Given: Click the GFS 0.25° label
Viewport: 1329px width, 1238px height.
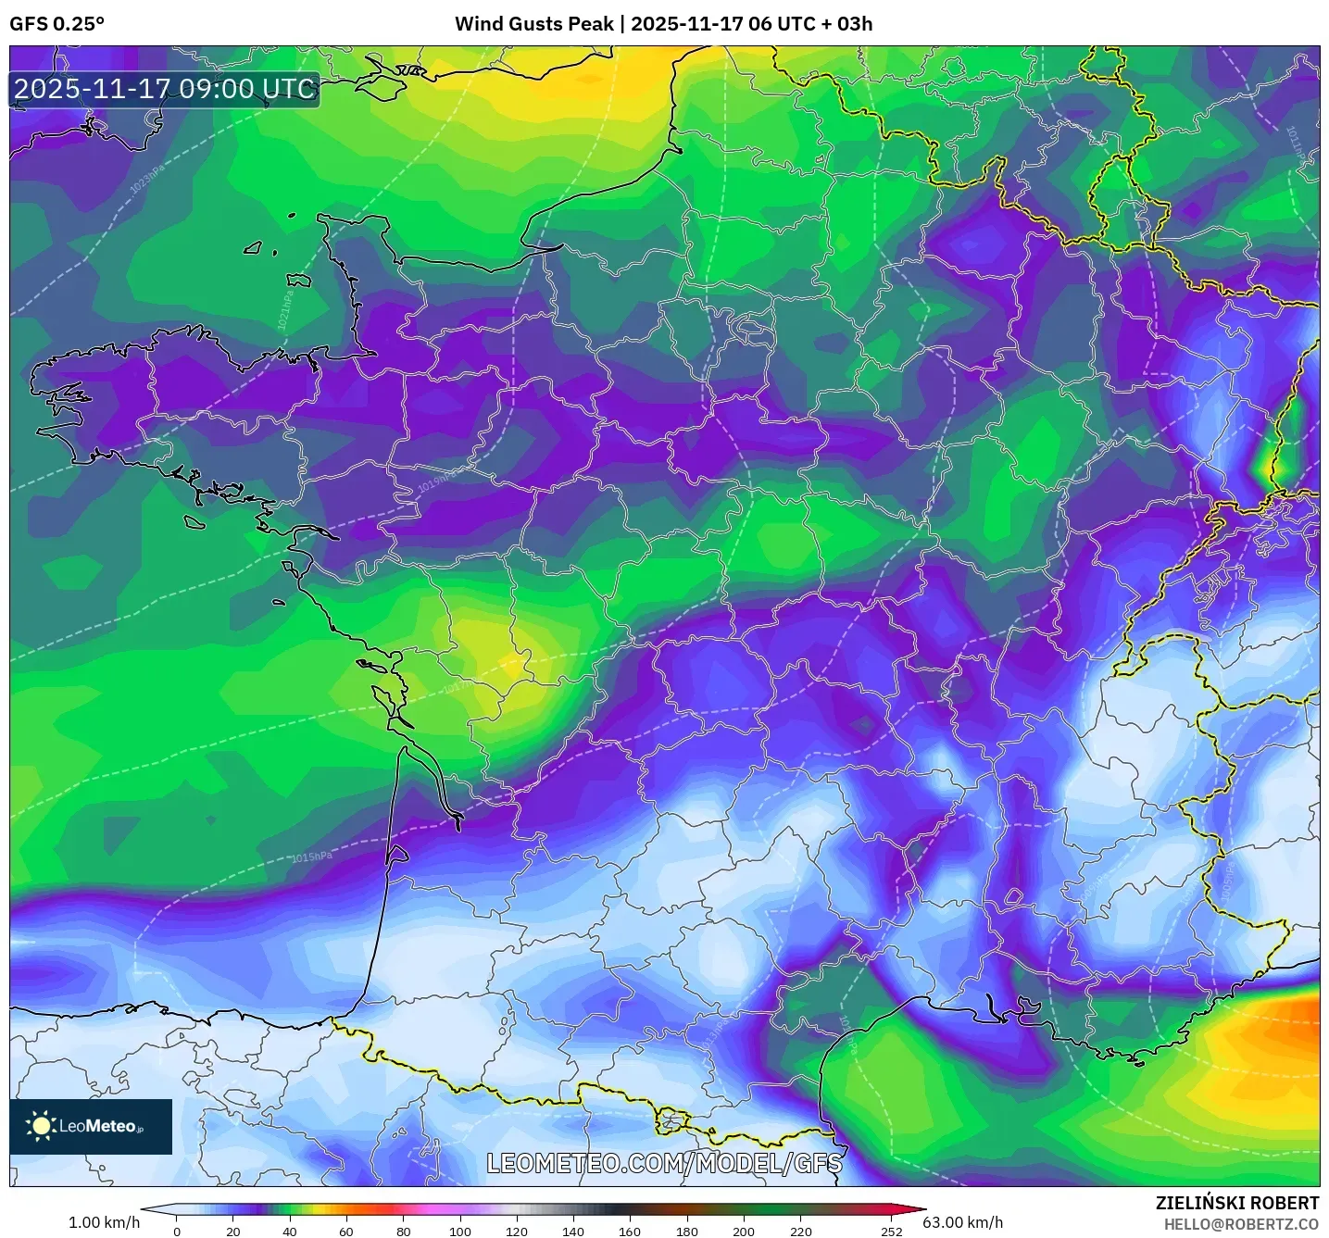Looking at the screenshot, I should pos(56,24).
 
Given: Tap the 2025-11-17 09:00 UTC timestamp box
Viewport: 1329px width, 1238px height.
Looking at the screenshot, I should pos(165,90).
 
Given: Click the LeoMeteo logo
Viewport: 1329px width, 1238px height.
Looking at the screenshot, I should pos(91,1126).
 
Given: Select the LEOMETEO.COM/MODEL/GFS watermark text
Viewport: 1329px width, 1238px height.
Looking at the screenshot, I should pos(664,1163).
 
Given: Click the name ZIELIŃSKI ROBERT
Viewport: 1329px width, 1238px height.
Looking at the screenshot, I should pos(1236,1203).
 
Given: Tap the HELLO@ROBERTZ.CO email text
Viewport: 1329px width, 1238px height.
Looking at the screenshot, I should pos(1241,1224).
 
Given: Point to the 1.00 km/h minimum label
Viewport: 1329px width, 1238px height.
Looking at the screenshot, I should pos(104,1222).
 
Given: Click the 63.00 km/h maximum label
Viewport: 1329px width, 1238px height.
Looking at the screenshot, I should pos(962,1222).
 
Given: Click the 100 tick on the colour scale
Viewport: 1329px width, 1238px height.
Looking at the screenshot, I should pos(460,1231).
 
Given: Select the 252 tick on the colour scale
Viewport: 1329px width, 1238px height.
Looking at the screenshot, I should pos(891,1231).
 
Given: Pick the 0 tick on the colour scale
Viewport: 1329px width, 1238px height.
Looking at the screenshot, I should pos(177,1231).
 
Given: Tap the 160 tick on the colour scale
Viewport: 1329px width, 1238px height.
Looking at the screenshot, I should pos(630,1231).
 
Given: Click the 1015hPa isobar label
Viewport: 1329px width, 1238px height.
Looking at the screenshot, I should pos(311,857).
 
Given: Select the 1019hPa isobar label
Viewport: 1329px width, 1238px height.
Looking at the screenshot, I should pos(436,481).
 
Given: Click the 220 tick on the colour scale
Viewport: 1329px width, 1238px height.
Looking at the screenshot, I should pos(800,1231).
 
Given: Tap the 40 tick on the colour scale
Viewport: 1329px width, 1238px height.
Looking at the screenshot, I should pos(290,1231).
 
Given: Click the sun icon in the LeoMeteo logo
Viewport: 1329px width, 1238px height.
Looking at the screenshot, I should pos(41,1126).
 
